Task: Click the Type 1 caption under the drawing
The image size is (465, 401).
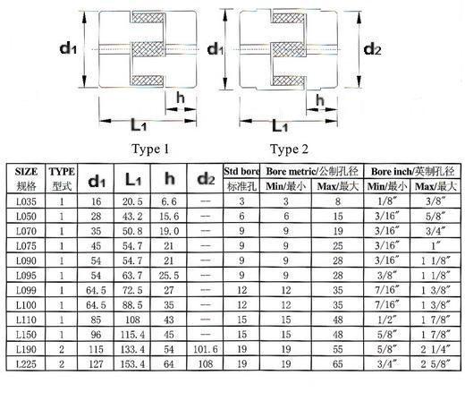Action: tap(150, 149)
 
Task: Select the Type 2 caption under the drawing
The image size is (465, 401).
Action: tap(289, 149)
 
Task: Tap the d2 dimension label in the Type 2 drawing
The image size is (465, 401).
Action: tap(372, 48)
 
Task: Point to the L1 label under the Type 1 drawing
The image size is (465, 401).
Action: tap(139, 125)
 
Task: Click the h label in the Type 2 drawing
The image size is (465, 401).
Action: tap(320, 100)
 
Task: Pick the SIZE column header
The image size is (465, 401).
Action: tap(26, 172)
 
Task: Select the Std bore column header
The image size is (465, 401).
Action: tap(241, 171)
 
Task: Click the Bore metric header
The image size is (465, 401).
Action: tap(312, 171)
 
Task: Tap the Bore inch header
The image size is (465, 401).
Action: tap(412, 171)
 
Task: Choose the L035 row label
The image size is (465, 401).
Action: tap(26, 201)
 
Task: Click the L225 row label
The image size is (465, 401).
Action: tap(26, 364)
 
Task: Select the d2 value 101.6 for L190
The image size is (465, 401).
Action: tap(206, 349)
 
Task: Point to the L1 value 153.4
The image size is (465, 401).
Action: tap(132, 364)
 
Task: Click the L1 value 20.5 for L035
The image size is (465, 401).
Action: tap(132, 201)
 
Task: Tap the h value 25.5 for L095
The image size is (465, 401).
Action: tap(169, 276)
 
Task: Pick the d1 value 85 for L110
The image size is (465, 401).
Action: tap(96, 320)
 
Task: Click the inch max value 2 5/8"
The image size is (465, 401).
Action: tap(435, 364)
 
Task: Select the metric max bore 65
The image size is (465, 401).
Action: tap(338, 364)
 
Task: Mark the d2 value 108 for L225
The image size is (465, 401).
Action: tap(206, 364)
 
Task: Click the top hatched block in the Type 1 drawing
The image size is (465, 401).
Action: tap(148, 17)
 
